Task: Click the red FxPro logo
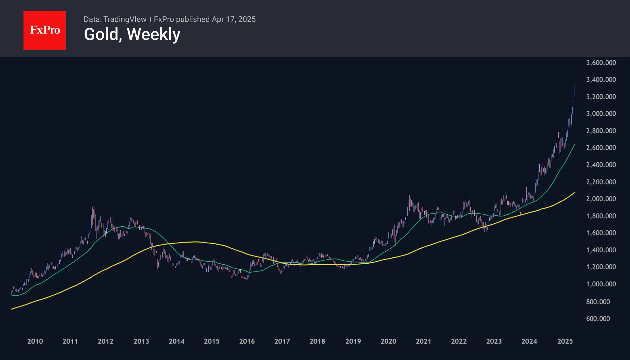(45, 30)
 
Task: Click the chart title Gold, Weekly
(132, 34)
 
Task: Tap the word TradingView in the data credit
(125, 19)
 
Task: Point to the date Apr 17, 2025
(234, 19)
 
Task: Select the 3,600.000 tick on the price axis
(601, 63)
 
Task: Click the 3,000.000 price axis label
(601, 113)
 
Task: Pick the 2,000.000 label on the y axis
(601, 199)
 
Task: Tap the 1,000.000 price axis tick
(601, 284)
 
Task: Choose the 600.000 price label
(598, 318)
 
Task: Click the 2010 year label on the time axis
(35, 341)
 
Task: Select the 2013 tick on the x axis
(141, 341)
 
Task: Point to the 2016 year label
(247, 341)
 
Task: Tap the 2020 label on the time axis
(388, 341)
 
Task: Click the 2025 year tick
(565, 341)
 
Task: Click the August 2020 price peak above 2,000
(409, 194)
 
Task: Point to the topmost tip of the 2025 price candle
(575, 85)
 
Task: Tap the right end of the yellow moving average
(575, 192)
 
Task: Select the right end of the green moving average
(575, 144)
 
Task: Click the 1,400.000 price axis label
(601, 250)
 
